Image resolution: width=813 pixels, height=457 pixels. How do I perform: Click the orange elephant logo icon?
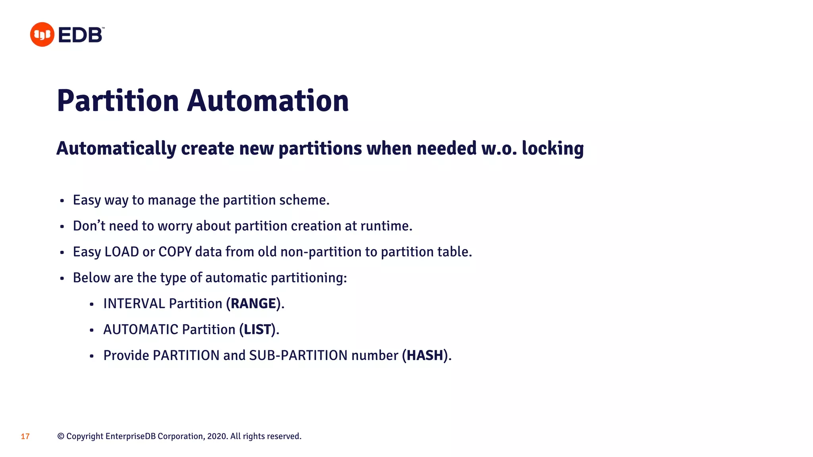pyautogui.click(x=42, y=35)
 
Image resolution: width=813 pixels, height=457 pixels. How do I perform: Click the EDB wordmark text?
pyautogui.click(x=81, y=35)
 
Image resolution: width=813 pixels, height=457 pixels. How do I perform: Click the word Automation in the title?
pyautogui.click(x=268, y=101)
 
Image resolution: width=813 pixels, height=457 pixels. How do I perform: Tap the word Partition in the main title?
pyautogui.click(x=118, y=101)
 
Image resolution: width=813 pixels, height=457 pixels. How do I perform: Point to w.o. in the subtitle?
pyautogui.click(x=499, y=148)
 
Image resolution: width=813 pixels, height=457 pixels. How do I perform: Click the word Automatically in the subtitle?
pyautogui.click(x=116, y=148)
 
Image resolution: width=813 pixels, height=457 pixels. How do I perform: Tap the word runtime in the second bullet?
pyautogui.click(x=385, y=226)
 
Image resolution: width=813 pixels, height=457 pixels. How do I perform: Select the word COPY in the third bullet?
pyautogui.click(x=175, y=252)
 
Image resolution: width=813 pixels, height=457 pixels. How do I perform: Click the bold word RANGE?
pyautogui.click(x=253, y=303)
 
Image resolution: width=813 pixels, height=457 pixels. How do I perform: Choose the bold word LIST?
pyautogui.click(x=257, y=329)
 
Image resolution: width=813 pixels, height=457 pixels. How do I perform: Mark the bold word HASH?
pyautogui.click(x=425, y=355)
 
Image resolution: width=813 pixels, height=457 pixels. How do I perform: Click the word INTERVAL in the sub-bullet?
pyautogui.click(x=134, y=303)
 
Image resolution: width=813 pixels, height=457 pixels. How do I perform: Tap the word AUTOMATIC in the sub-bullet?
pyautogui.click(x=141, y=329)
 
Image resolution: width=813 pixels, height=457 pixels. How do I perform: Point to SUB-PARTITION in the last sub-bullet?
pyautogui.click(x=298, y=355)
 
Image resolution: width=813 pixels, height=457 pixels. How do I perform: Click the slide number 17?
pyautogui.click(x=25, y=436)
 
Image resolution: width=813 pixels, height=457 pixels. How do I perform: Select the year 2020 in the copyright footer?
pyautogui.click(x=217, y=436)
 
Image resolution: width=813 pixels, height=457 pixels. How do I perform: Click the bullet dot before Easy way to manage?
pyautogui.click(x=62, y=201)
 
